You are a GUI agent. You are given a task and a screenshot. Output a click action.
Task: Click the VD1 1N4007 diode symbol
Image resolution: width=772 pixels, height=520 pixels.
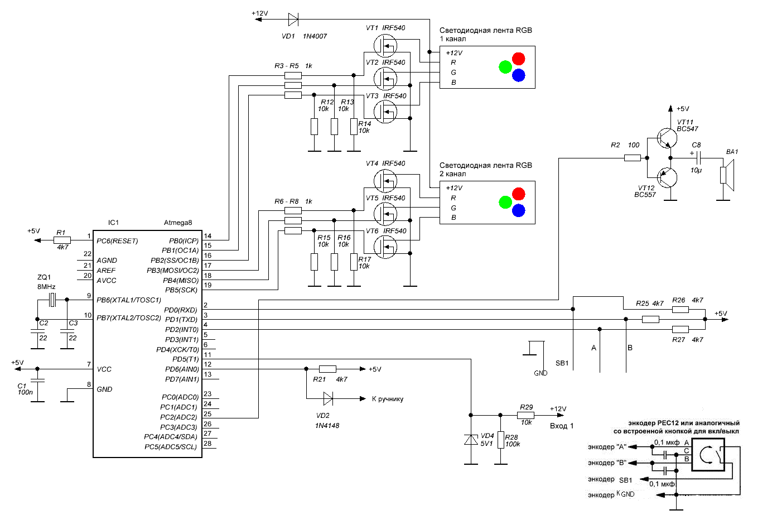tap(293, 20)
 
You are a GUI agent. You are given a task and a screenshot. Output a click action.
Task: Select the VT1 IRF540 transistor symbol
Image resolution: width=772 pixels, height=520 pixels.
tap(385, 46)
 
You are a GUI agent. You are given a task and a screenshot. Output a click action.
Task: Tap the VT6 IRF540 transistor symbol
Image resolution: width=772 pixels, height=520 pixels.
tap(385, 247)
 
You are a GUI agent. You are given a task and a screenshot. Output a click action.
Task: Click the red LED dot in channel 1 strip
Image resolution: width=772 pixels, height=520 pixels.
tap(518, 59)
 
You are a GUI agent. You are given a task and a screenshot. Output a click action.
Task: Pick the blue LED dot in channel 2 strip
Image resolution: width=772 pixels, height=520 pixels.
tap(518, 210)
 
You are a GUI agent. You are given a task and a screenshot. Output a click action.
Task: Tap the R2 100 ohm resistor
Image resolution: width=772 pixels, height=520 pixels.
tap(633, 158)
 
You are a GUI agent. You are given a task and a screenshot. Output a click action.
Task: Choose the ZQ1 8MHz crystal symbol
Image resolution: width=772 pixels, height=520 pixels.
tap(52, 300)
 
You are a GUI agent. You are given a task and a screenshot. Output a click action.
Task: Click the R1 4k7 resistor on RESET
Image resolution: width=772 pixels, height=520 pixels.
tap(62, 240)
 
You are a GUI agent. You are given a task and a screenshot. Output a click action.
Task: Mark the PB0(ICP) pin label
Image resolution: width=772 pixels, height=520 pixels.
tap(184, 240)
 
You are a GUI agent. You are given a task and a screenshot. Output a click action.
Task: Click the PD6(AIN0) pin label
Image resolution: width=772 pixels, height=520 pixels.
tap(182, 369)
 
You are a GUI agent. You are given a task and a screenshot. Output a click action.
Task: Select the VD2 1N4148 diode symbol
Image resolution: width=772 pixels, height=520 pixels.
tap(328, 398)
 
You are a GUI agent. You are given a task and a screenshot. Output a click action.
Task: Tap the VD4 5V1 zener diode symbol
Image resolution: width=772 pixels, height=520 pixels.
tap(471, 440)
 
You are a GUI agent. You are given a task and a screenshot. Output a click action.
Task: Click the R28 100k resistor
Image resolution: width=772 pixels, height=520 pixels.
tap(501, 440)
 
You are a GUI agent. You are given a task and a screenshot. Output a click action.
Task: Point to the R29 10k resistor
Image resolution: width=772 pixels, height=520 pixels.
tap(525, 415)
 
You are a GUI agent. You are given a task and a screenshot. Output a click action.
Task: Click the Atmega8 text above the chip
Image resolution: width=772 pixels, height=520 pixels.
tap(178, 223)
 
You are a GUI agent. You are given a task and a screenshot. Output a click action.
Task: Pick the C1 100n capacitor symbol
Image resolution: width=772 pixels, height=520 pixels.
tap(37, 381)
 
